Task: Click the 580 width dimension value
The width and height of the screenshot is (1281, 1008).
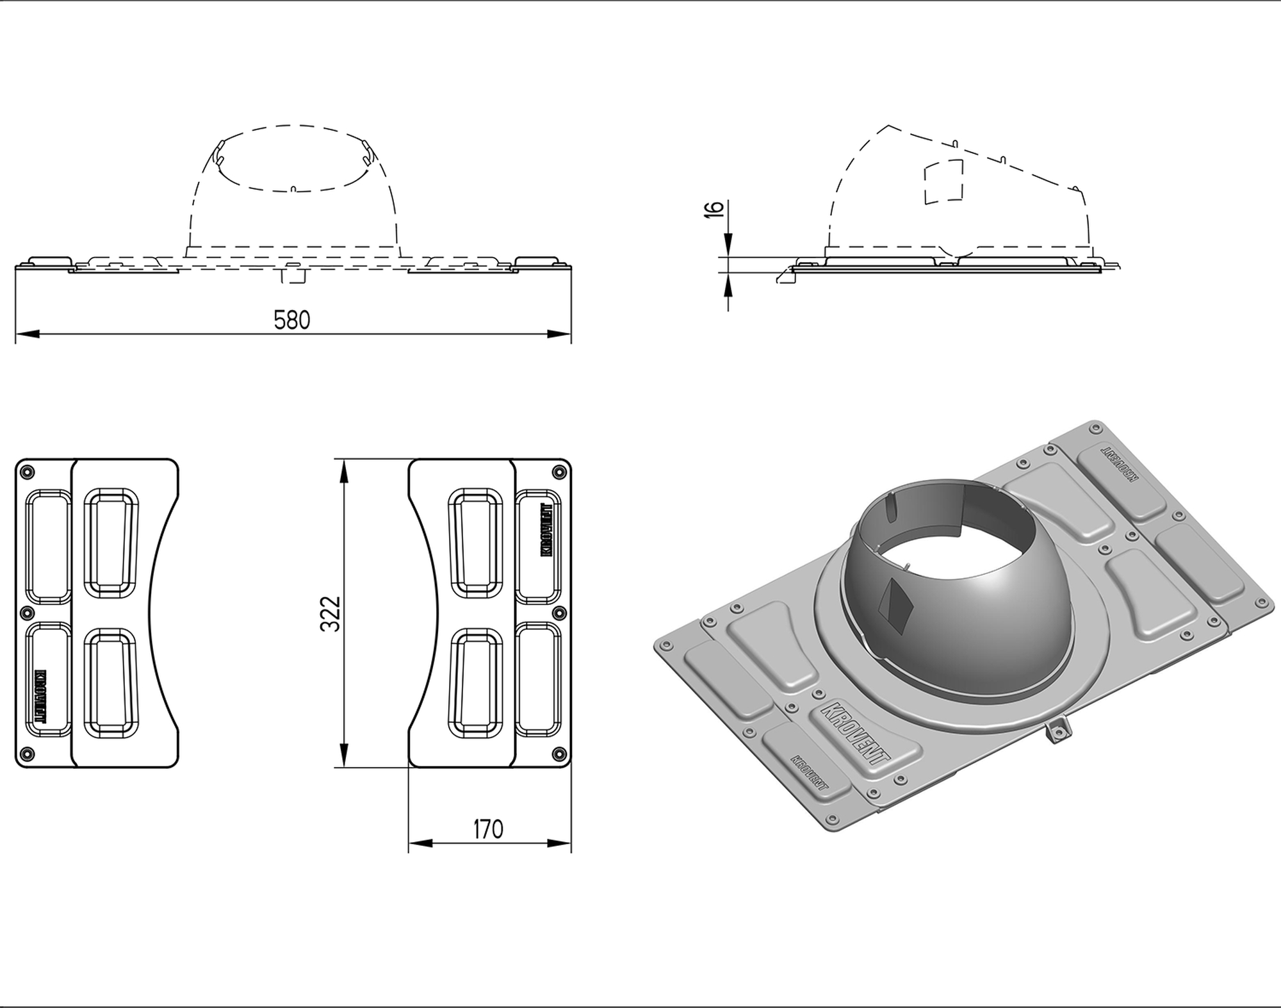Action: coord(291,320)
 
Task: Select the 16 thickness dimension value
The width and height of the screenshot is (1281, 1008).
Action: coord(714,209)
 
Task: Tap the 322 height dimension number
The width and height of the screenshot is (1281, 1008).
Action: coord(330,614)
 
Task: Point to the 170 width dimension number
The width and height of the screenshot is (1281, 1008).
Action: coord(488,829)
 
